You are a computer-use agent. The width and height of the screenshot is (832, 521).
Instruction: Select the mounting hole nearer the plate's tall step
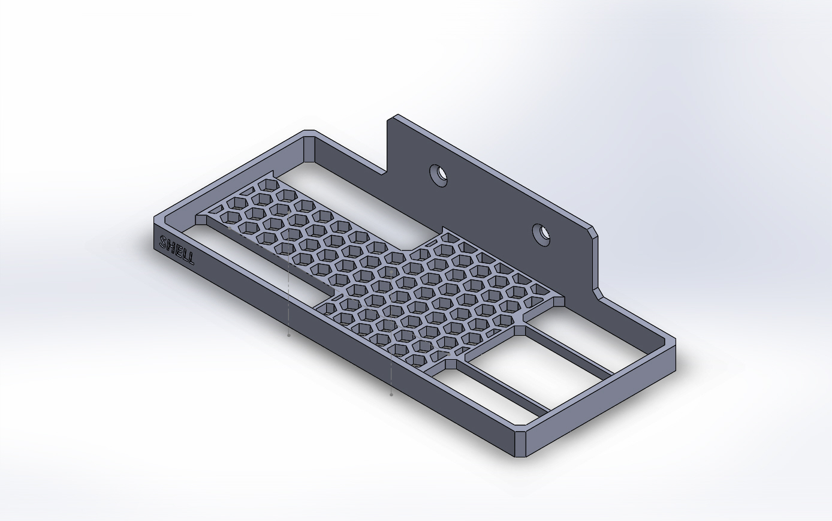pyautogui.click(x=441, y=174)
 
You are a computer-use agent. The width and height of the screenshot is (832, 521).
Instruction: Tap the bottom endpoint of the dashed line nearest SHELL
pyautogui.click(x=289, y=335)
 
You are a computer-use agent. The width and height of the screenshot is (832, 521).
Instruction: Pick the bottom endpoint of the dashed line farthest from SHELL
pyautogui.click(x=391, y=394)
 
